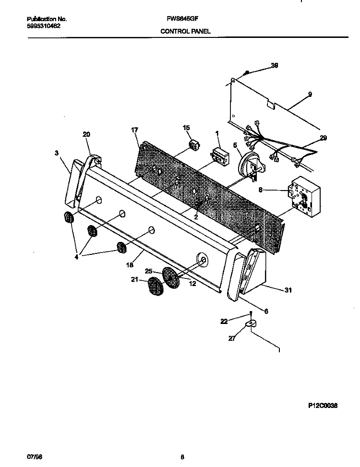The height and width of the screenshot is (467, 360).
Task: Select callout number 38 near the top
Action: (275, 65)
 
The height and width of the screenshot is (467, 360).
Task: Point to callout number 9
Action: (310, 95)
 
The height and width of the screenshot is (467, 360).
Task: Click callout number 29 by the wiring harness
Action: (323, 138)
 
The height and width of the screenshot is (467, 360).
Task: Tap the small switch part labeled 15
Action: (194, 145)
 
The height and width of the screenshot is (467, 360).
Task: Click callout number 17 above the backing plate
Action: (134, 130)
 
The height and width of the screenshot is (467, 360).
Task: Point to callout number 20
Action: (86, 135)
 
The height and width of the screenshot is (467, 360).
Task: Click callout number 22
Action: (224, 321)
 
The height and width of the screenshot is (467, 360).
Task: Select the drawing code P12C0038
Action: (323, 406)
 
